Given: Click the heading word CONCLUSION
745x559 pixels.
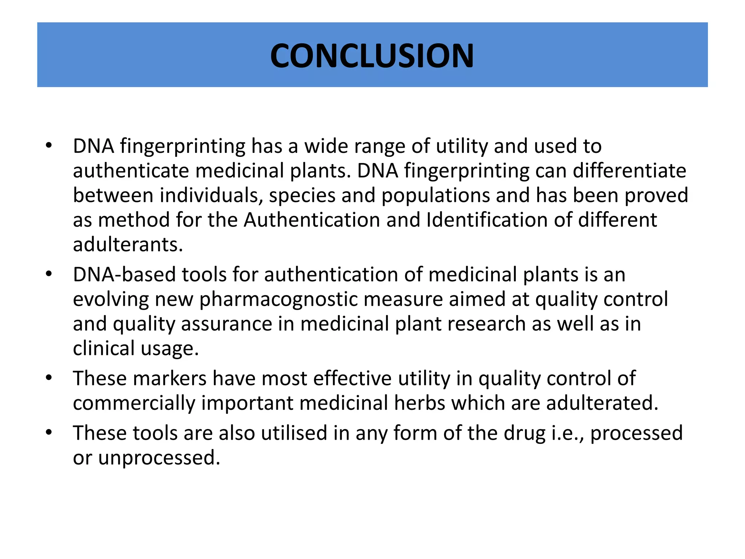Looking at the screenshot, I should tap(372, 56).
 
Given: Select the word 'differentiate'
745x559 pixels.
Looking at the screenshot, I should tap(629, 171).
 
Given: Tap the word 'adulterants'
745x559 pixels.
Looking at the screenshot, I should tap(128, 245).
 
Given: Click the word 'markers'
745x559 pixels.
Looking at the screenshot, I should tap(170, 378).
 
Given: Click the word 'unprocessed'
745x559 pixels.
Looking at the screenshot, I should tap(159, 458).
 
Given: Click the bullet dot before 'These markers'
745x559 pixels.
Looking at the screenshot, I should tap(49, 378).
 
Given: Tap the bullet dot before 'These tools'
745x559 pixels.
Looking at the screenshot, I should tap(49, 433).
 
